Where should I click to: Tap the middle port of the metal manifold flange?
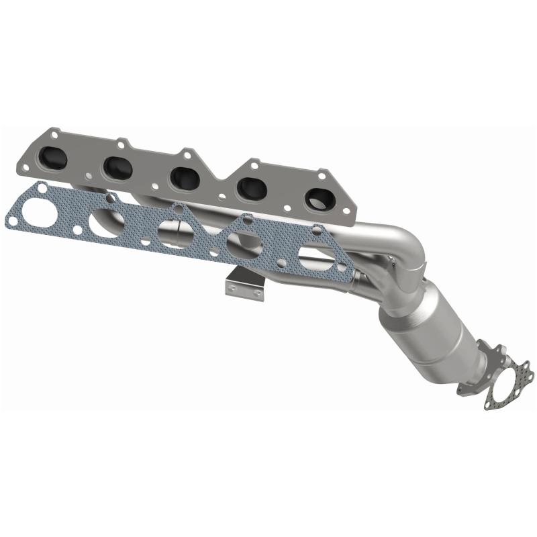[183, 178]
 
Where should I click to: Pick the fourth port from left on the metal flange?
[252, 188]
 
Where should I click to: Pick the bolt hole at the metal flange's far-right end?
[347, 211]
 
